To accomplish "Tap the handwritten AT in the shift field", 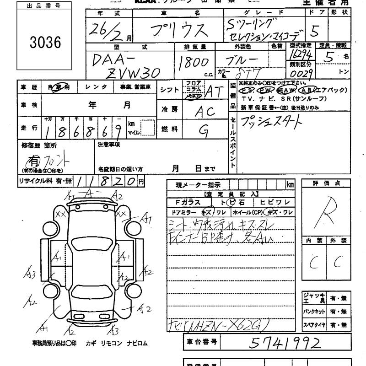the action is (213, 91).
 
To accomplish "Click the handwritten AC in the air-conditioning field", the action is (206, 111).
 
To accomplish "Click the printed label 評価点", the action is (326, 183).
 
